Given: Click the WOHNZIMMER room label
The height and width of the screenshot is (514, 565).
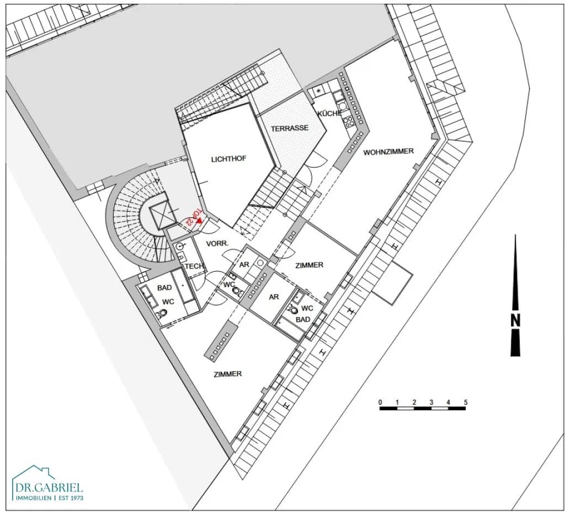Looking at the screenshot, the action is (388, 152).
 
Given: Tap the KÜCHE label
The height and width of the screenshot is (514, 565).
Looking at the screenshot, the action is (329, 113).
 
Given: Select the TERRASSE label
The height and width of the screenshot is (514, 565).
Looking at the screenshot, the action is (290, 128).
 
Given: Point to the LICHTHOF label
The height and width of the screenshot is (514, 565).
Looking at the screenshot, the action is (229, 159).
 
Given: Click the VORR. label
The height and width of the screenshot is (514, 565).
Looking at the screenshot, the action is (217, 244).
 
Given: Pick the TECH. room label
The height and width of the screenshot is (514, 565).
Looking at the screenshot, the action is (195, 266).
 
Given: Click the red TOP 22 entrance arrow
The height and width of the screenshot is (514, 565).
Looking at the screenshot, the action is (199, 221).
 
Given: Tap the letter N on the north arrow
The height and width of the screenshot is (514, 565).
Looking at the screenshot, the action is (516, 320).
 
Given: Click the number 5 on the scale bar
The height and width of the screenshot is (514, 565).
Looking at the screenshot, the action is (466, 402).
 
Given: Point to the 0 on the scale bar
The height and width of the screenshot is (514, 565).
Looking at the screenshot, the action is (380, 402).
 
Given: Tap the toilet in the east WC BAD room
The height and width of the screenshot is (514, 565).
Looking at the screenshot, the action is (292, 309).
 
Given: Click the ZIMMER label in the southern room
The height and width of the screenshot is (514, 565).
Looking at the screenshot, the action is (228, 374).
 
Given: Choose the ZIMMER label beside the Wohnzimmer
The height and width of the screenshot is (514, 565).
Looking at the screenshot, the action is (309, 265).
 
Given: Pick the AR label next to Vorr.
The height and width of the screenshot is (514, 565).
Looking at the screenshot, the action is (244, 265).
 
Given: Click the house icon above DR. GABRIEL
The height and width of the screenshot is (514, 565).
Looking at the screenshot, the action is (34, 474).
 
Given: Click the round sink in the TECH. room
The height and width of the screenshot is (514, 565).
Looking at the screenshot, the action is (179, 247).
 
